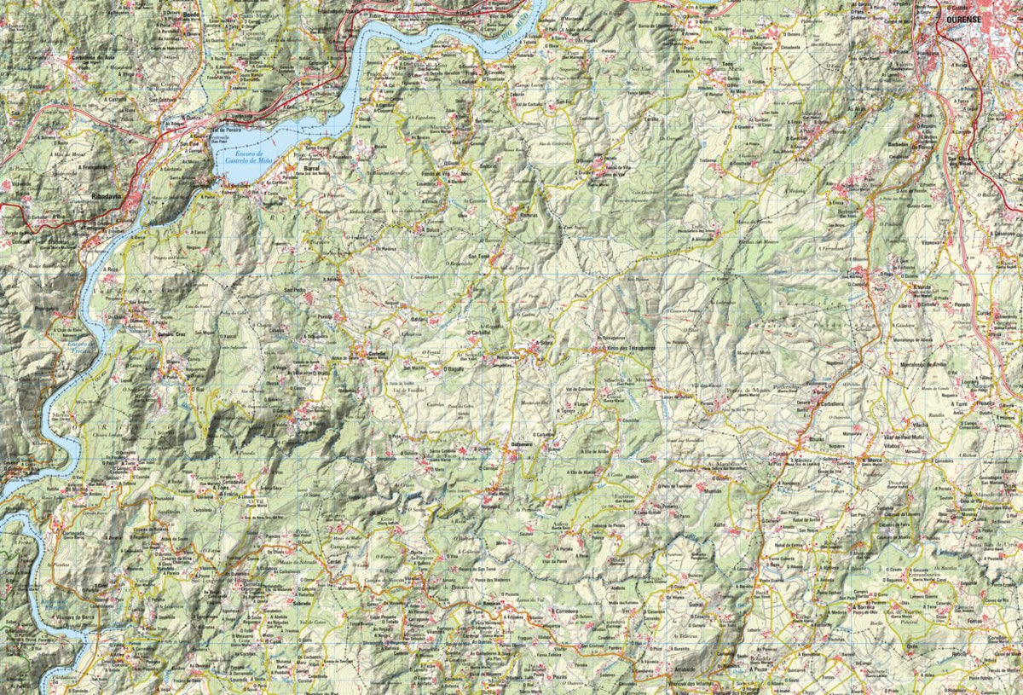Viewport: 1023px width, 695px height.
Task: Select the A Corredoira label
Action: click(x=564, y=611)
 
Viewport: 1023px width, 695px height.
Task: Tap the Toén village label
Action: click(x=727, y=64)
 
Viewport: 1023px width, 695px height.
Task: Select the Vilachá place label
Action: click(x=919, y=424)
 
